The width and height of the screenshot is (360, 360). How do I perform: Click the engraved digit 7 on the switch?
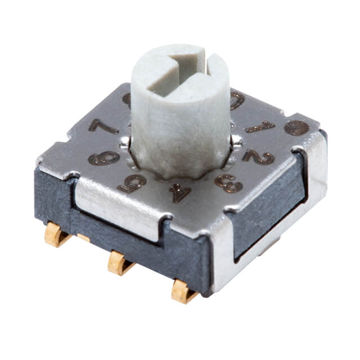click(102, 127)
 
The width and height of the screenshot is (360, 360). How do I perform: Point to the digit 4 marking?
click(180, 192)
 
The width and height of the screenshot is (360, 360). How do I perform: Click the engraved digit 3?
click(229, 183)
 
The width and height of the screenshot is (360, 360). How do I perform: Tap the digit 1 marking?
click(260, 127)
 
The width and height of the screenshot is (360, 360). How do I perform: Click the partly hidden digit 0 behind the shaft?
click(237, 101)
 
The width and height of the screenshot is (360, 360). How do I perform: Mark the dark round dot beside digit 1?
click(296, 128)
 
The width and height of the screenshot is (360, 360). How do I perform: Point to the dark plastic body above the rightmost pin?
click(186, 264)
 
